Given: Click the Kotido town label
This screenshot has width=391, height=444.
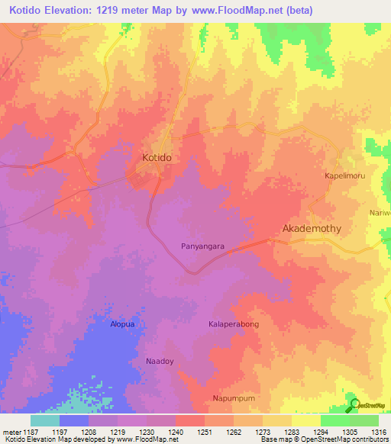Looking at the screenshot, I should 157,156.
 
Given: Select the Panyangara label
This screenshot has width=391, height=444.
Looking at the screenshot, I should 202,246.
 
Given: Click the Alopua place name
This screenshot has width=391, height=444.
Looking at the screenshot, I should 122,323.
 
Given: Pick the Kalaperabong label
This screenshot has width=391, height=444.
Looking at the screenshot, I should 234,324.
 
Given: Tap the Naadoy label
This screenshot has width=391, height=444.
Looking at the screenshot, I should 160,359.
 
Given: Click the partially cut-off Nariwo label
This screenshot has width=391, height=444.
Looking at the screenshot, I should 380,213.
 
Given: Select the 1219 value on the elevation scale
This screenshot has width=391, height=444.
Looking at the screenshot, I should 118,431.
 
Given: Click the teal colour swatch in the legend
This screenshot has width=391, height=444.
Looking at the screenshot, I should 45,420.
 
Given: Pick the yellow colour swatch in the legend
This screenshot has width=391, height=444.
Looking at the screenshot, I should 305,420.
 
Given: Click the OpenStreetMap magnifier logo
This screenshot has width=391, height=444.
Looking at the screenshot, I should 353,404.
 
